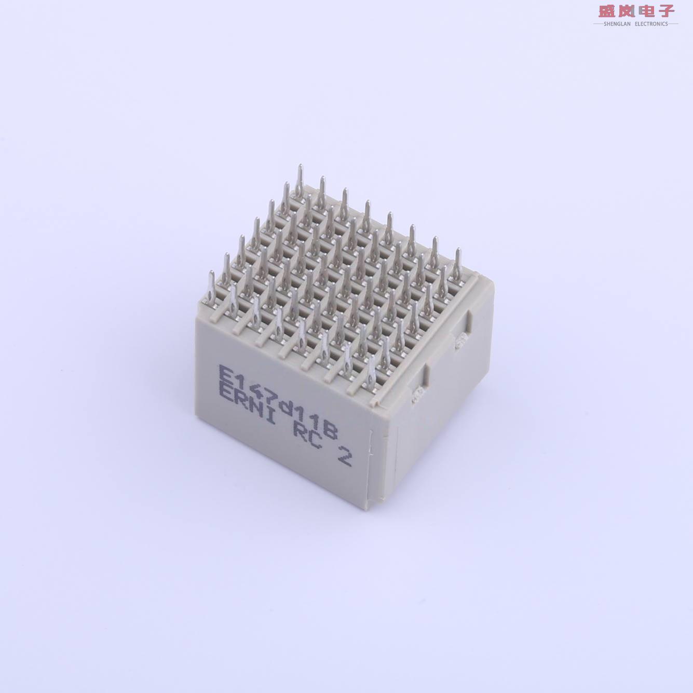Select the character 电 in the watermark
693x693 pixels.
pos(646,11)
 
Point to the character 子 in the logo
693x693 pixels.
pos(665,11)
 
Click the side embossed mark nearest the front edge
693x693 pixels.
pos(415,398)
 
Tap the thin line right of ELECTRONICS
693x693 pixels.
pos(673,24)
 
